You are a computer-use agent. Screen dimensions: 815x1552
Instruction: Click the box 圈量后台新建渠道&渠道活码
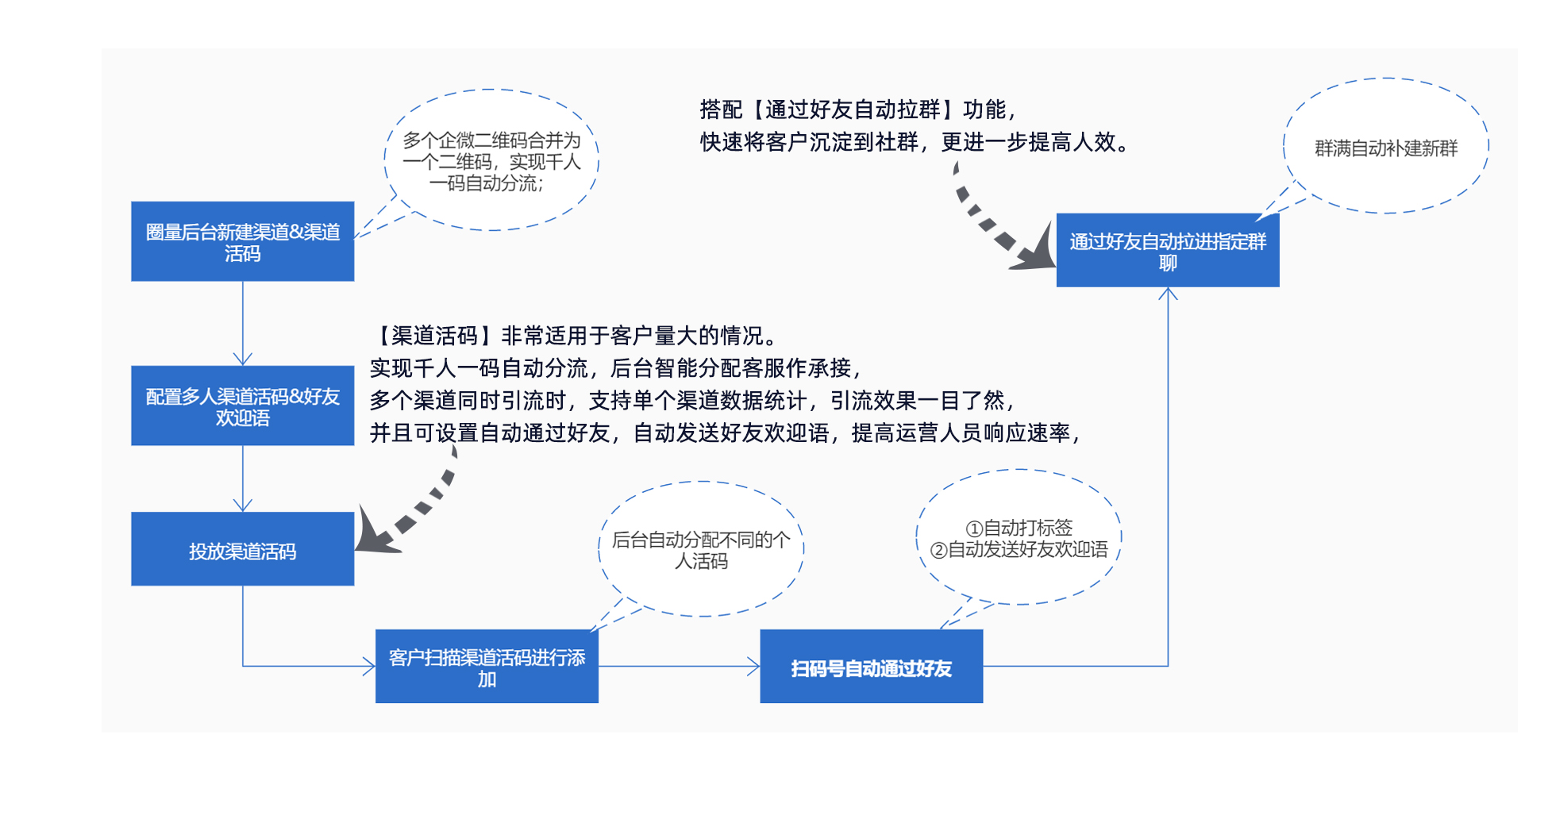pos(242,241)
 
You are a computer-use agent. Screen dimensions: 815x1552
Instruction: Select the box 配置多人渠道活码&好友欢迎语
pos(242,406)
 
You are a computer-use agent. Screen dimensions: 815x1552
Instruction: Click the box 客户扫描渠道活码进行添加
pos(487,667)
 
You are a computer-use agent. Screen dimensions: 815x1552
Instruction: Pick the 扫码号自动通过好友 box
pos(871,667)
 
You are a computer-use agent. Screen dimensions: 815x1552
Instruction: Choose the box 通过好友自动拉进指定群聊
pos(1167,250)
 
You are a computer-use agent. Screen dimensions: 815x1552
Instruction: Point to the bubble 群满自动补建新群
pos(1385,147)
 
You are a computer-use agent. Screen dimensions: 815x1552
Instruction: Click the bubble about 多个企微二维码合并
pos(491,161)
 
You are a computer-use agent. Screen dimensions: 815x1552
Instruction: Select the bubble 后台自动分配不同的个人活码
pos(701,549)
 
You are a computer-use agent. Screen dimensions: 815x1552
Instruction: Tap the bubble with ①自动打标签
pos(1019,538)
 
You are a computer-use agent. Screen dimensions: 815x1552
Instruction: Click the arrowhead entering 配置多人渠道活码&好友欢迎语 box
pos(242,359)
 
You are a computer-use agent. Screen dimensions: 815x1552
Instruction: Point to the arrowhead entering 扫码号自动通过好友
pos(753,667)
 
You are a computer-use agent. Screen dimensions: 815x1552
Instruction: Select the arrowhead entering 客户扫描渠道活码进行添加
pos(368,667)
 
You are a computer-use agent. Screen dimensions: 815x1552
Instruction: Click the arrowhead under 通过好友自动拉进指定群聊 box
pos(1168,294)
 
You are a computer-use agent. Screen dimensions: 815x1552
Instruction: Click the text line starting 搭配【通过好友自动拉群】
pos(857,110)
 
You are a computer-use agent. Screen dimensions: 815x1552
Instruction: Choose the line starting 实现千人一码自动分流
pos(615,368)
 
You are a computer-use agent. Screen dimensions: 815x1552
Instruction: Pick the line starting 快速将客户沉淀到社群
pos(913,142)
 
